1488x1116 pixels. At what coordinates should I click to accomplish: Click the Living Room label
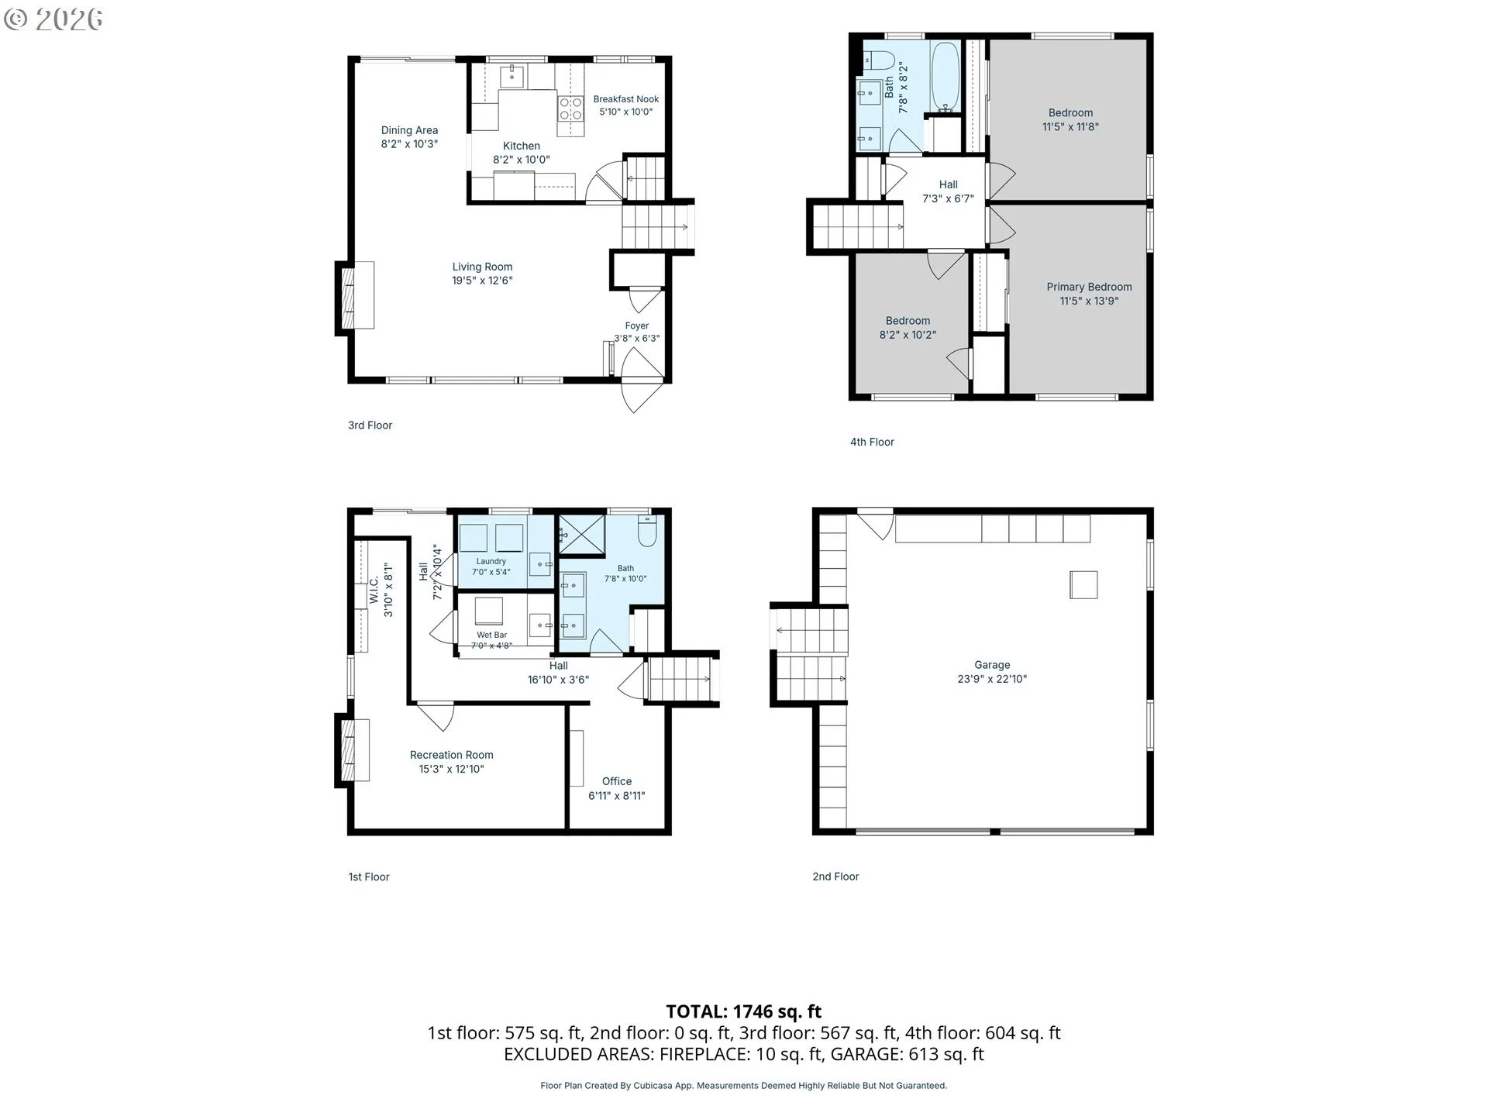pyautogui.click(x=482, y=267)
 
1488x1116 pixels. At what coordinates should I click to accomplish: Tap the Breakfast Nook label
pyautogui.click(x=626, y=99)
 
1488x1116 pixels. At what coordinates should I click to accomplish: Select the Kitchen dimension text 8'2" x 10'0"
pyautogui.click(x=522, y=160)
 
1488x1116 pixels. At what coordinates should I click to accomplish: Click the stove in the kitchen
pyautogui.click(x=571, y=108)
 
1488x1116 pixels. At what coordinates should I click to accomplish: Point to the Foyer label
pyautogui.click(x=637, y=326)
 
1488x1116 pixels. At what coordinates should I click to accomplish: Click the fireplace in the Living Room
pyautogui.click(x=355, y=298)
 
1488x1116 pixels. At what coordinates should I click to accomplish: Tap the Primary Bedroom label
pyautogui.click(x=1089, y=287)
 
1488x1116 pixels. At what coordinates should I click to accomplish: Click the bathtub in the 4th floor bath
pyautogui.click(x=945, y=77)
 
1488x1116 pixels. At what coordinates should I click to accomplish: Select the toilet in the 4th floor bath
pyautogui.click(x=880, y=59)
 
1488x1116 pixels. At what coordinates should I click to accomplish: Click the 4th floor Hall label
pyautogui.click(x=948, y=184)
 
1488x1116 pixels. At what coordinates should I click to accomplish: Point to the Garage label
pyautogui.click(x=992, y=665)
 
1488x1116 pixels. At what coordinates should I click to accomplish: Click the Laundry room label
pyautogui.click(x=491, y=561)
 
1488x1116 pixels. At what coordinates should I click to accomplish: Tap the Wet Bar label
pyautogui.click(x=492, y=635)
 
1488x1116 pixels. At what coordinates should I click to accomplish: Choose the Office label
pyautogui.click(x=617, y=781)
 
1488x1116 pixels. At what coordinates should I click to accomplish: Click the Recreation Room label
pyautogui.click(x=452, y=755)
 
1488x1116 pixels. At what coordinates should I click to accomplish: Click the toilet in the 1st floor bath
pyautogui.click(x=647, y=531)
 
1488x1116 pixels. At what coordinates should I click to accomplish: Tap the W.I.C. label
pyautogui.click(x=374, y=590)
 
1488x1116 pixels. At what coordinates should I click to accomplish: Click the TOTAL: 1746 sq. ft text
pyautogui.click(x=744, y=1011)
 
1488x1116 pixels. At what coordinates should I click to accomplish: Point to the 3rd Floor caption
pyautogui.click(x=370, y=425)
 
